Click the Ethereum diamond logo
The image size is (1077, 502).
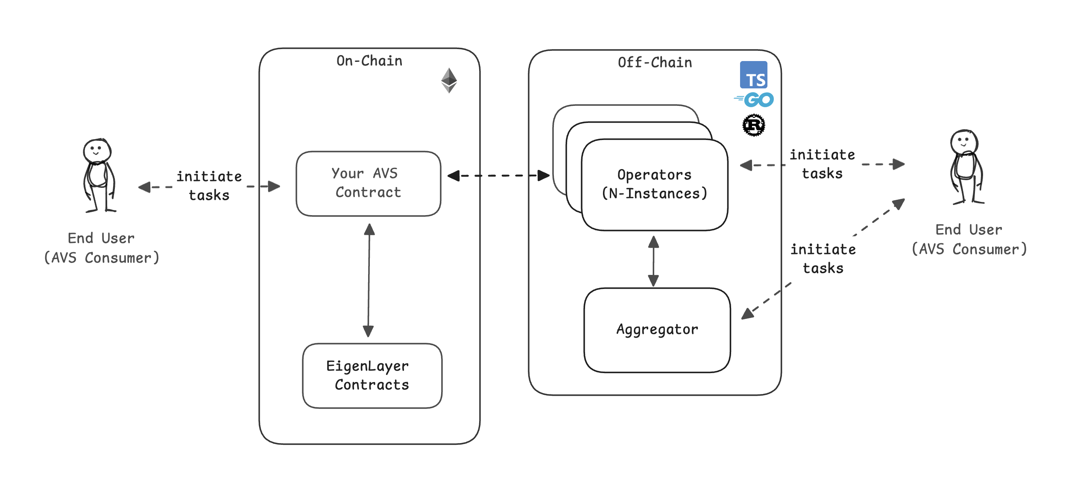pyautogui.click(x=449, y=80)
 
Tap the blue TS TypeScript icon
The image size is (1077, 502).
pyautogui.click(x=753, y=75)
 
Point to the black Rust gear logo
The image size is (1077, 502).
pyautogui.click(x=754, y=125)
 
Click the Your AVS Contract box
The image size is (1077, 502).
pyautogui.click(x=368, y=184)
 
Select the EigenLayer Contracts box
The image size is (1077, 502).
pyautogui.click(x=372, y=376)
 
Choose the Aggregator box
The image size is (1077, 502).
pyautogui.click(x=657, y=330)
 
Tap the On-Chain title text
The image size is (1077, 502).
pyautogui.click(x=369, y=61)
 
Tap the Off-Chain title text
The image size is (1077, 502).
pyautogui.click(x=655, y=63)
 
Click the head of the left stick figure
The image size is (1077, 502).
pyautogui.click(x=97, y=150)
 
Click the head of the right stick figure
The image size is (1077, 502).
pyautogui.click(x=964, y=142)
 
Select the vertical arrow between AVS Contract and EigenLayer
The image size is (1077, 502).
pyautogui.click(x=369, y=280)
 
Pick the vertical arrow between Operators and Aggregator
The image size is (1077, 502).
pyautogui.click(x=653, y=261)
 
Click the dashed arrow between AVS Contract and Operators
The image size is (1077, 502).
pyautogui.click(x=498, y=175)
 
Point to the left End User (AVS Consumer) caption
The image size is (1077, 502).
pyautogui.click(x=102, y=248)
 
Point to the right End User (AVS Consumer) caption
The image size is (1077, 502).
pyautogui.click(x=969, y=239)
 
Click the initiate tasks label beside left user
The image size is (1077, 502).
pyautogui.click(x=209, y=186)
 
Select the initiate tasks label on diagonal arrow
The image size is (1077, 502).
pyautogui.click(x=823, y=259)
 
